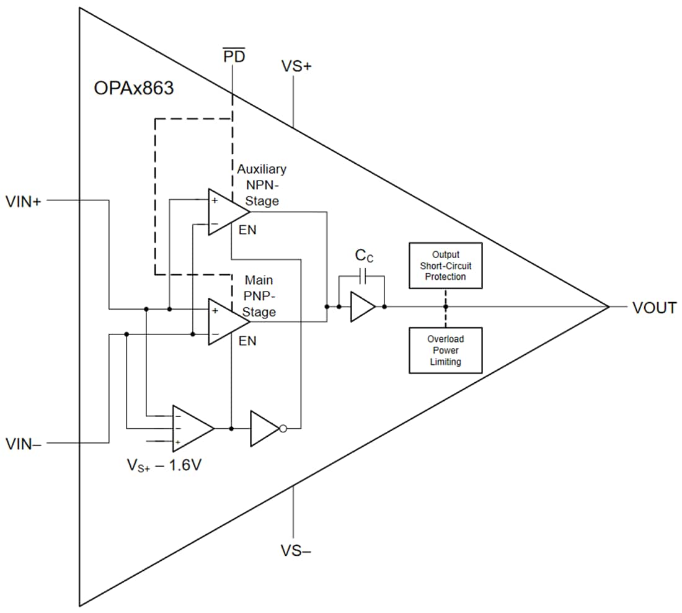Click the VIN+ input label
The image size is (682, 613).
coord(24,201)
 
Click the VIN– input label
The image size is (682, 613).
coord(24,444)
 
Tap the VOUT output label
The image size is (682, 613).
coord(654,308)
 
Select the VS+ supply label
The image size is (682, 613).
coord(296,66)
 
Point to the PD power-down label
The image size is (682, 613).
coord(234,57)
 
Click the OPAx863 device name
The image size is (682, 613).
coord(133,88)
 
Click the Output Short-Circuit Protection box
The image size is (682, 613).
coord(445,266)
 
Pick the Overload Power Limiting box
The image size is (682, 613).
coord(445,350)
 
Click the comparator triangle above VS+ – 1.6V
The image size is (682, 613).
coord(192,428)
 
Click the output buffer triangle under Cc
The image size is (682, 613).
coord(362,307)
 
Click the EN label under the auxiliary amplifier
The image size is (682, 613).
coord(247,230)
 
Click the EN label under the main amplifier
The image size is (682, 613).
coord(247,341)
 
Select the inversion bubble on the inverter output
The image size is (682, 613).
coord(283,428)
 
